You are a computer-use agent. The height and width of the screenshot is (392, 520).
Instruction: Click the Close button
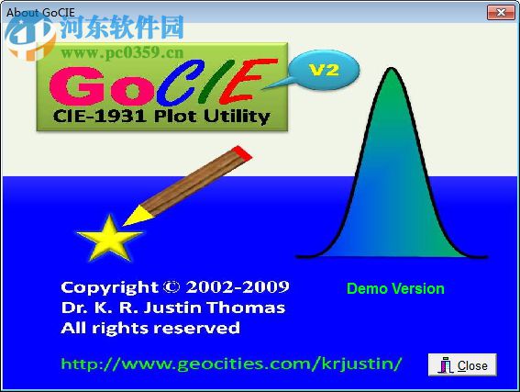462,364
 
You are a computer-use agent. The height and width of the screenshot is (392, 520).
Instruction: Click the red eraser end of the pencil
238,151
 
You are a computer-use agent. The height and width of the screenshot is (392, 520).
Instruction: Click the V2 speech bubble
322,69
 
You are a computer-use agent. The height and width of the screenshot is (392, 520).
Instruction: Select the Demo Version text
395,288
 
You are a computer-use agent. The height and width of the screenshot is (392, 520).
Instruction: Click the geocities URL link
231,364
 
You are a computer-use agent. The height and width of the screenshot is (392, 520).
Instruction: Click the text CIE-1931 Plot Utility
161,117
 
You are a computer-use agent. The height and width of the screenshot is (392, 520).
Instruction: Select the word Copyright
109,286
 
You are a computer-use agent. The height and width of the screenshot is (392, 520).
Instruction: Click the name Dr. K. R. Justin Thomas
172,308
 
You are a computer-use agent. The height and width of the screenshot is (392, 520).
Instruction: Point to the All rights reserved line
149,328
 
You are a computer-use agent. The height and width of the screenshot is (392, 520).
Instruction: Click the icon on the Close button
446,364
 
